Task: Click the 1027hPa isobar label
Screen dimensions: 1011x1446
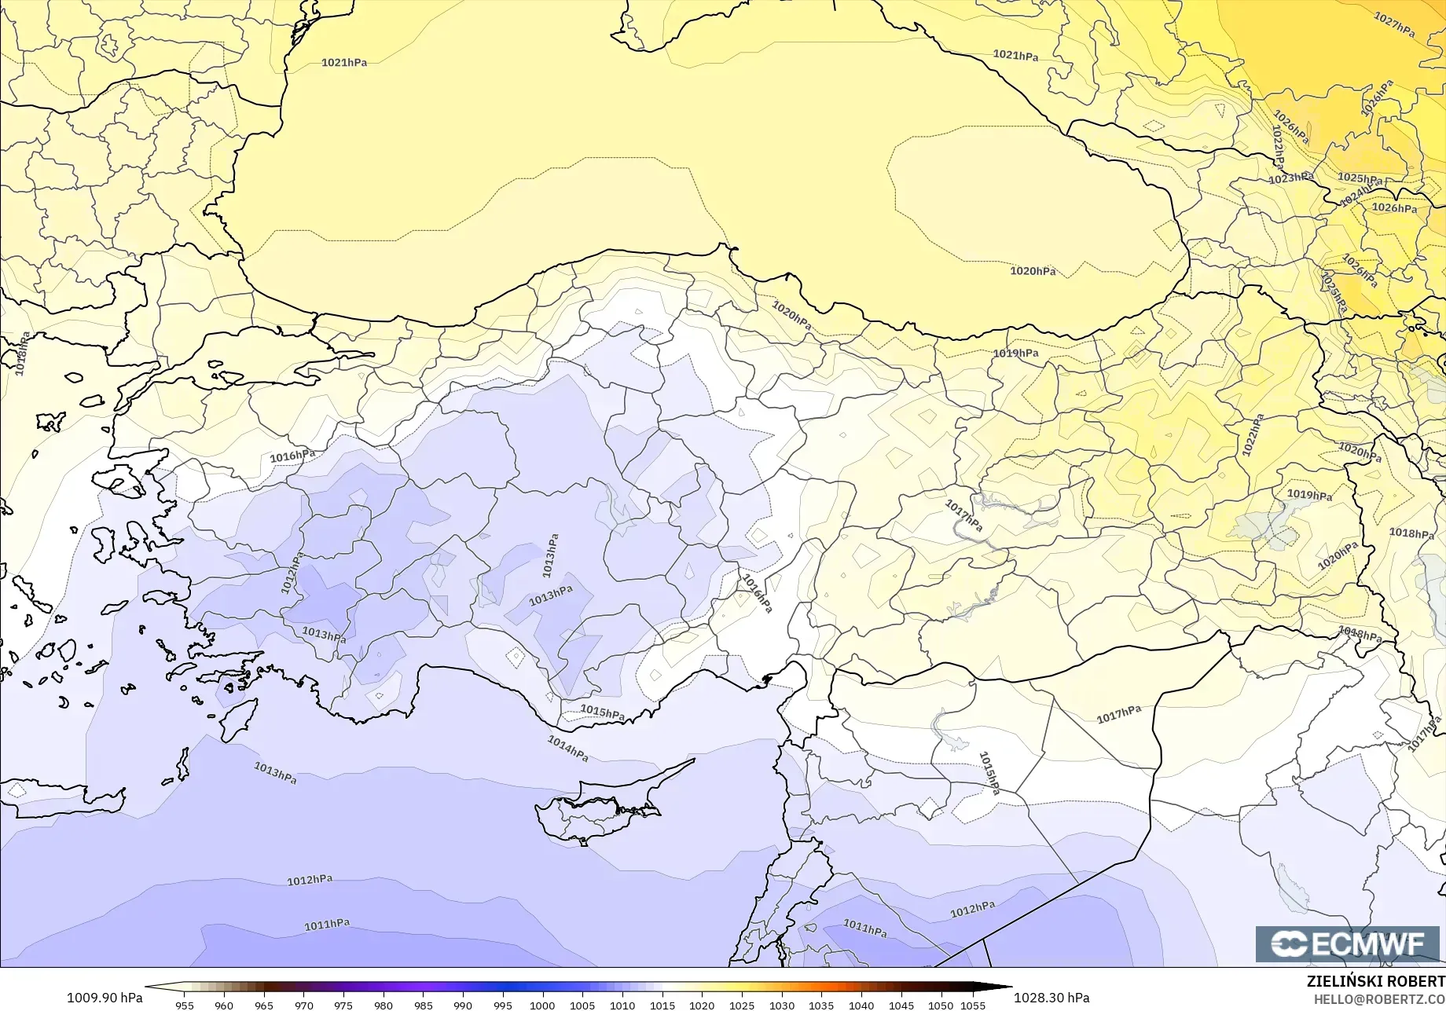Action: tap(1395, 24)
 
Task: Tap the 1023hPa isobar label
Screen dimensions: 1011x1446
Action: tap(1290, 178)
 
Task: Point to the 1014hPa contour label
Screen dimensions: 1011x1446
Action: tap(567, 748)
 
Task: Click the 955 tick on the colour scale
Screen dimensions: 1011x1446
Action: tap(185, 1005)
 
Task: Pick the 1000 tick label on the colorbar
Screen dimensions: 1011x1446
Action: tap(542, 1005)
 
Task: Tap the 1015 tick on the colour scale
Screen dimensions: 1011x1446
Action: tap(662, 1005)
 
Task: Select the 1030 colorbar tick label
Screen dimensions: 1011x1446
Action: tap(781, 1005)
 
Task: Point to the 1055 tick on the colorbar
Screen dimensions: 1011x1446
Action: tap(973, 1005)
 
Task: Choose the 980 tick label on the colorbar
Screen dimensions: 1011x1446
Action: tap(384, 1005)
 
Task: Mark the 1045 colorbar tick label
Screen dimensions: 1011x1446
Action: tap(901, 1005)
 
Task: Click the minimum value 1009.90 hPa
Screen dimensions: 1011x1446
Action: tap(105, 998)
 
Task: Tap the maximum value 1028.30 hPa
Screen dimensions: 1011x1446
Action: tap(1051, 998)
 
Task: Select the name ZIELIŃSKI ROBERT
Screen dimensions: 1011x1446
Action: tap(1375, 981)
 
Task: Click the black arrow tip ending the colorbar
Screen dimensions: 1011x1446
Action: tap(1008, 987)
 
